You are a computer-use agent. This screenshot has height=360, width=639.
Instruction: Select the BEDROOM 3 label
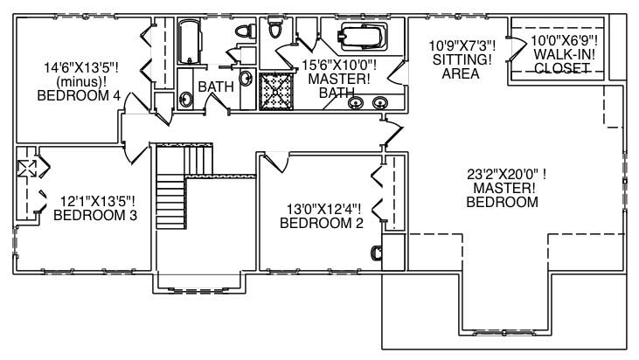[x=95, y=215]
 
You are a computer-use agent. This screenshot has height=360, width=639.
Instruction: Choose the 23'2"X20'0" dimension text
[x=503, y=174]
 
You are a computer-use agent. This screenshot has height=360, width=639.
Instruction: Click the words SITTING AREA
[x=460, y=67]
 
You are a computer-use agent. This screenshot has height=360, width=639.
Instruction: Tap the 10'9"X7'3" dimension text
[x=462, y=45]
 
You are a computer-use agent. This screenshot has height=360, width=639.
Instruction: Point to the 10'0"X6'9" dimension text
[x=566, y=40]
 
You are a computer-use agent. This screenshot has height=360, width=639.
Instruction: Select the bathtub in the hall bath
[x=190, y=42]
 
